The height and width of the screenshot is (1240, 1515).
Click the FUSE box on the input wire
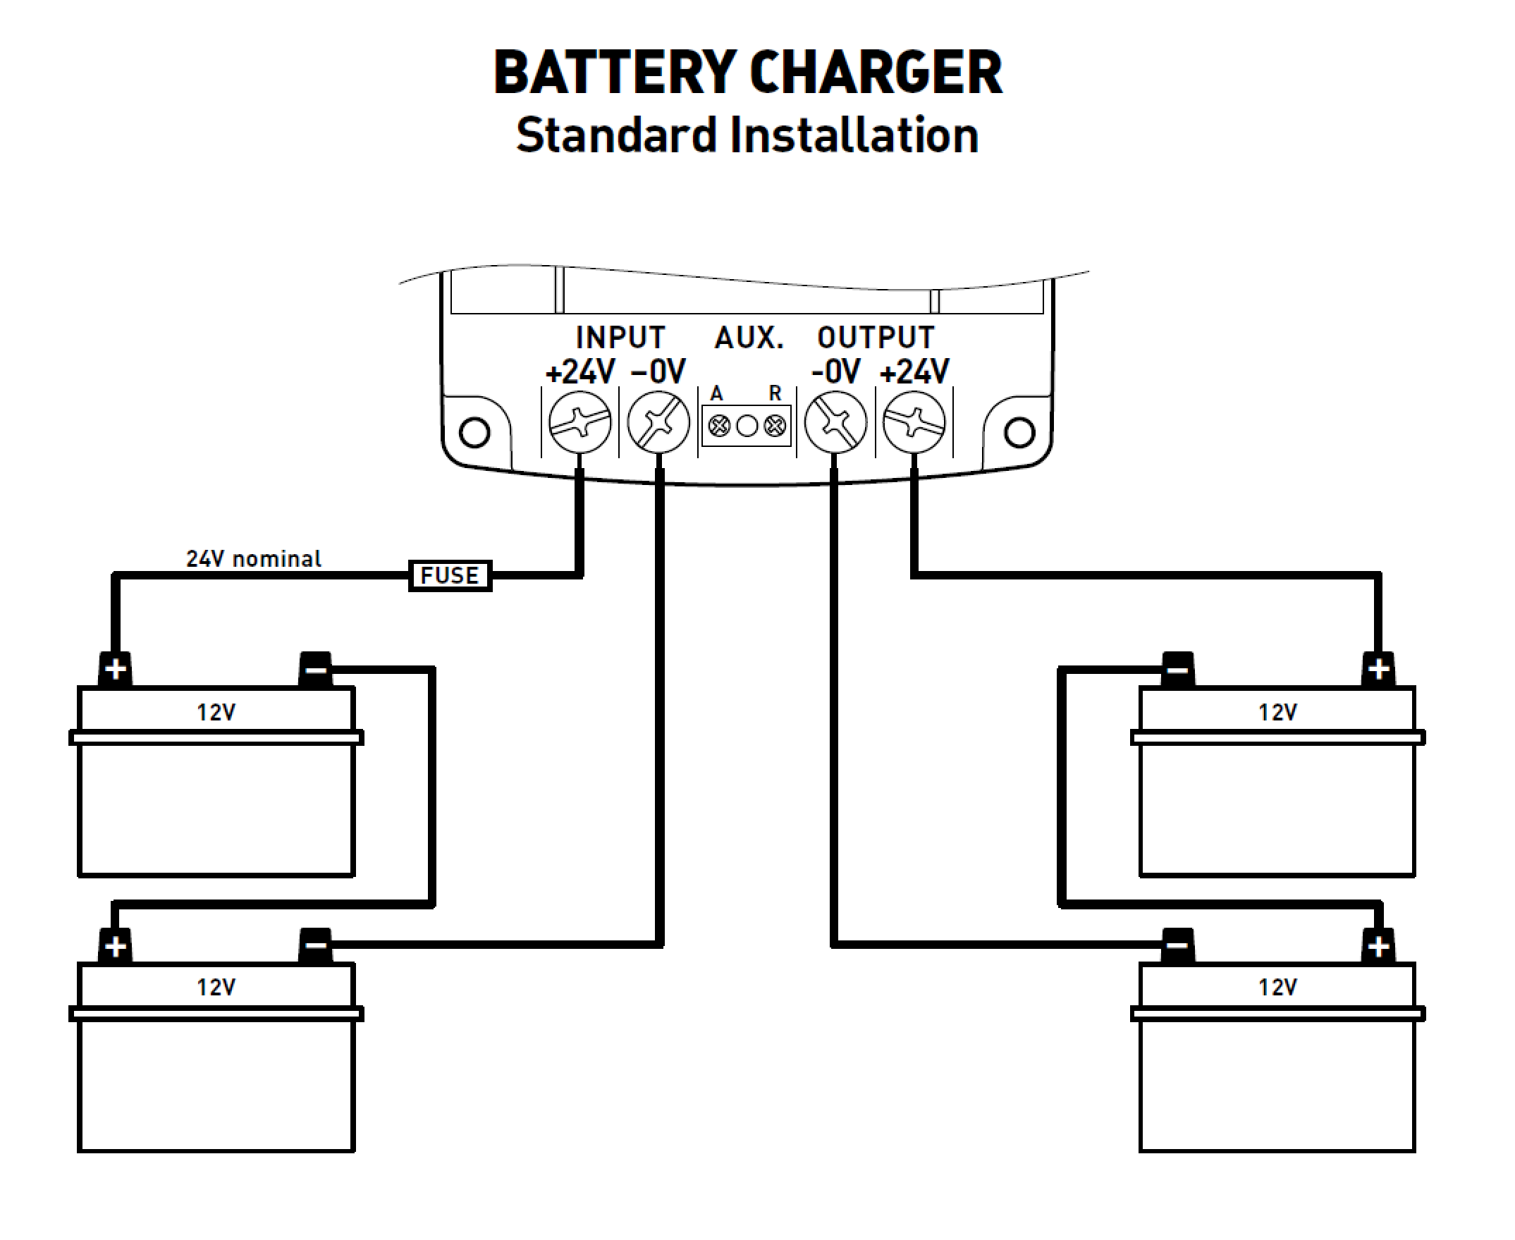[450, 576]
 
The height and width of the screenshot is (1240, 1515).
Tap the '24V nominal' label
[254, 558]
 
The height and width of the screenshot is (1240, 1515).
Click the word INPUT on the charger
[620, 337]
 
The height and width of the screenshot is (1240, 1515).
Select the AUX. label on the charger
[749, 337]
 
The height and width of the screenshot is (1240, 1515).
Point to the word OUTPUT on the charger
[876, 337]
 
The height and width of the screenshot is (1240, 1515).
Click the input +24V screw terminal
[580, 422]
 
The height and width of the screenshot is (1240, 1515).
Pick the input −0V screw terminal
[658, 422]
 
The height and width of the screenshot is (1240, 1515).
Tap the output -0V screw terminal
[835, 422]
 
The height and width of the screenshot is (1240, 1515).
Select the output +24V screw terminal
[914, 422]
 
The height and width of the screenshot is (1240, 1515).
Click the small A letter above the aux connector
[716, 393]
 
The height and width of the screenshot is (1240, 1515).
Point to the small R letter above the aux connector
[775, 393]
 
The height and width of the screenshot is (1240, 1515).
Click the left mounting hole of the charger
[475, 432]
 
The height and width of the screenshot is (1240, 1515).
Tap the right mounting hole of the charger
[1019, 432]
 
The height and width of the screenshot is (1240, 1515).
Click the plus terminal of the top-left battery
[115, 669]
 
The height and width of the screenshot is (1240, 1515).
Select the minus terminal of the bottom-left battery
[315, 946]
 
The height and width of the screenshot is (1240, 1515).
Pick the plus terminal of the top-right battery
[1378, 669]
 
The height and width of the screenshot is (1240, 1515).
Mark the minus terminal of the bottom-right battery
[1178, 946]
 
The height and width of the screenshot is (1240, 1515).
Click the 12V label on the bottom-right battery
[1277, 987]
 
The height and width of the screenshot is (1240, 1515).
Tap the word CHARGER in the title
[876, 73]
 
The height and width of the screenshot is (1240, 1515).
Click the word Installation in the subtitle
[854, 135]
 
